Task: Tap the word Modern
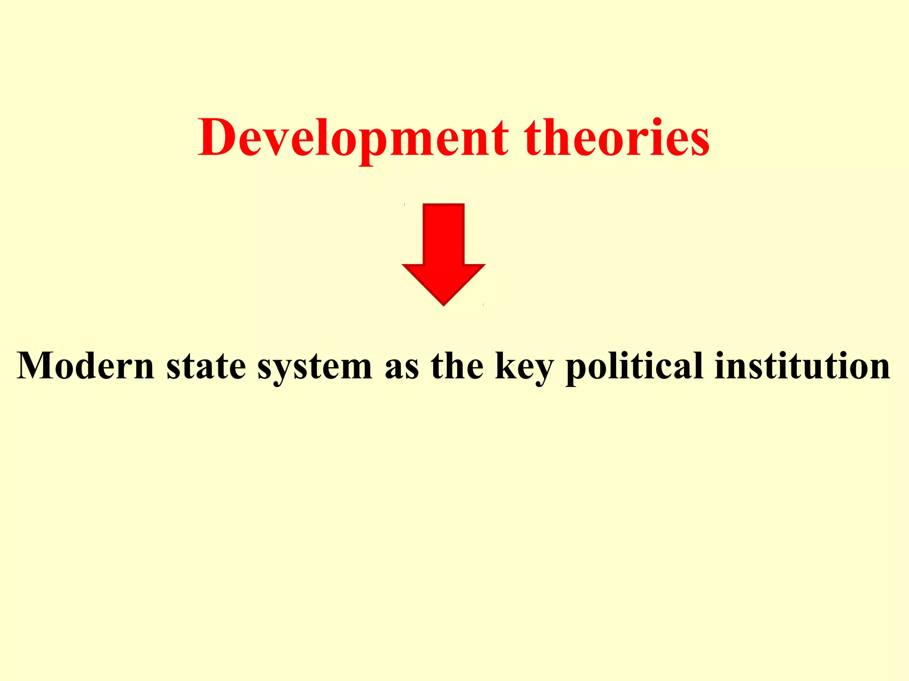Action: coord(86,366)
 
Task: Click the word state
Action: coord(206,366)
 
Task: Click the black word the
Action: coord(457,366)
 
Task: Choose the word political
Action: coord(635,366)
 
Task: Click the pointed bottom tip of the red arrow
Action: coord(443,304)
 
